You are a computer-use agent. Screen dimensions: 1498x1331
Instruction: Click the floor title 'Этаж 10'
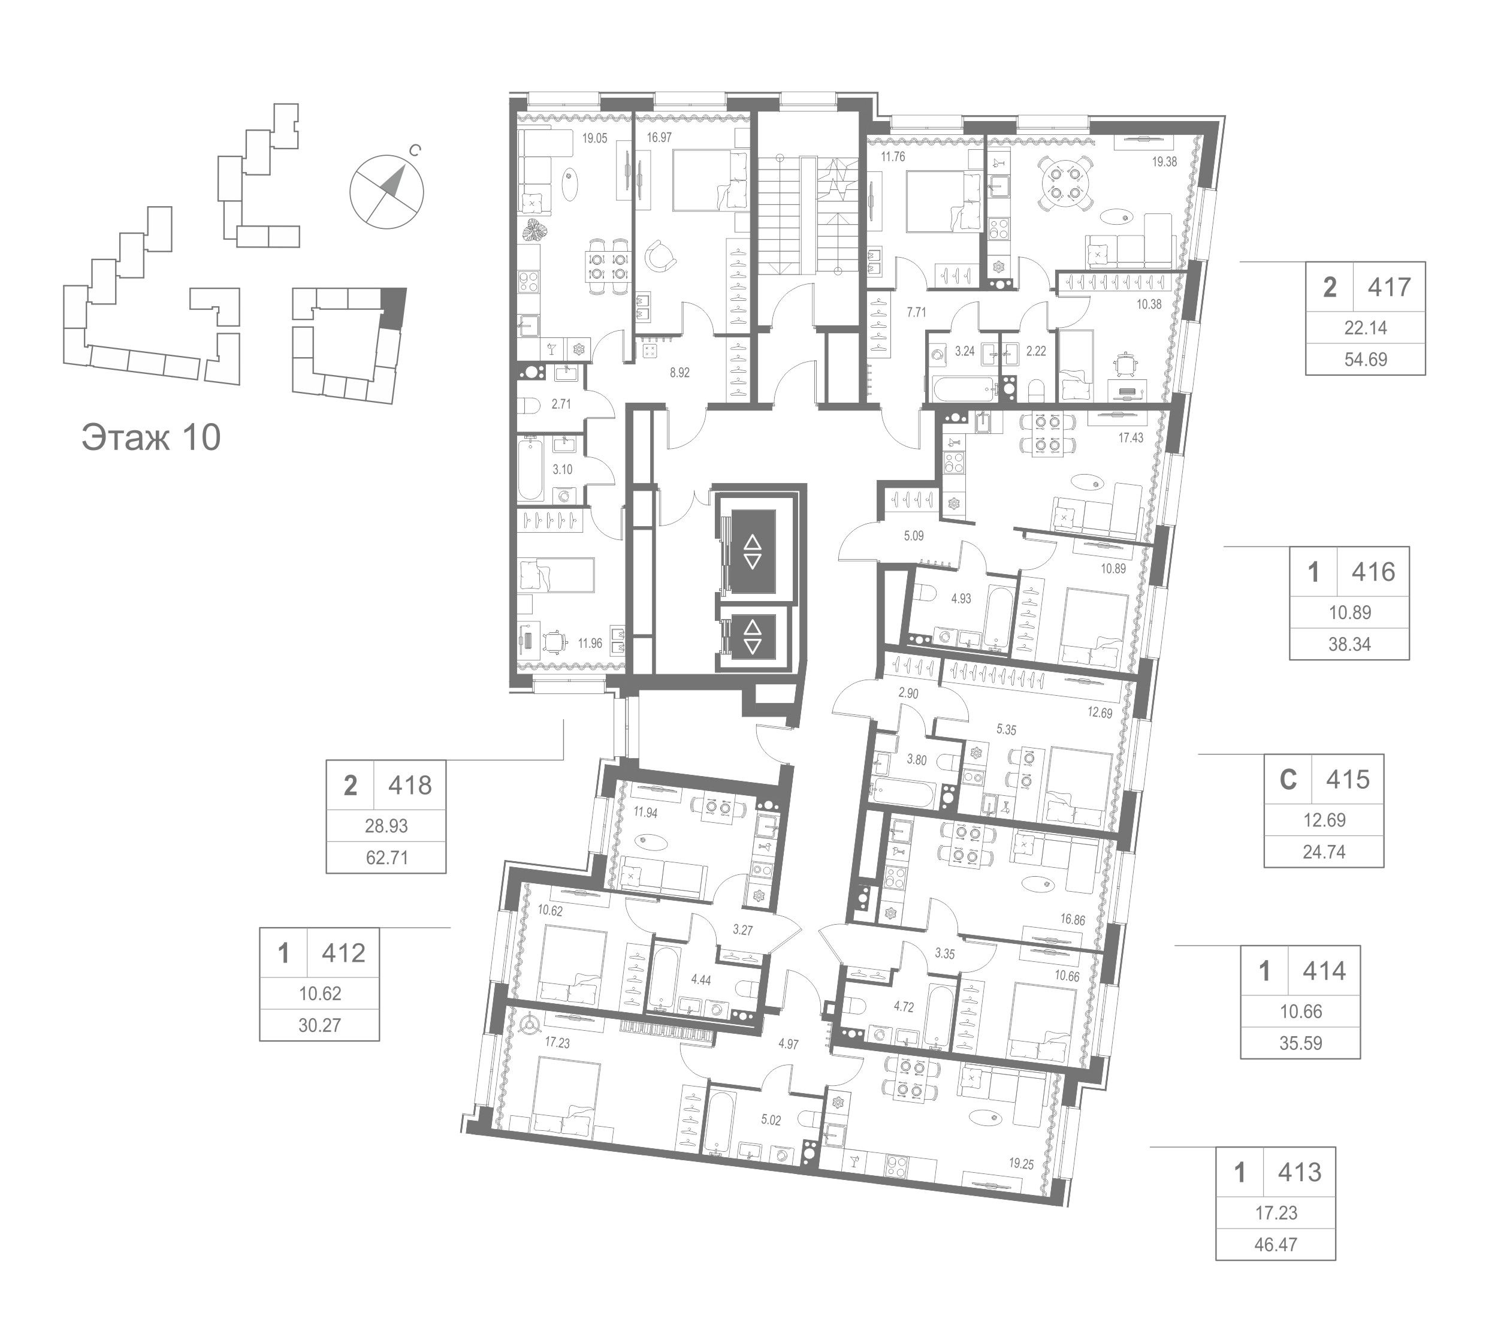click(x=151, y=437)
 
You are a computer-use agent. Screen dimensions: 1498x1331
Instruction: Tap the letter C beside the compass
click(x=415, y=151)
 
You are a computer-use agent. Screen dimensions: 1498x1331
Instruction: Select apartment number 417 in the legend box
click(x=1389, y=286)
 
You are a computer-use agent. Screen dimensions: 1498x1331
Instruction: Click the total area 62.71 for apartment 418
click(x=386, y=857)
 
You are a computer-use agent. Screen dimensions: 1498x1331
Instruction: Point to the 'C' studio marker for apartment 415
click(x=1288, y=779)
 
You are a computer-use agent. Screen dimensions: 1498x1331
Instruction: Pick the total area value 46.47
click(x=1276, y=1245)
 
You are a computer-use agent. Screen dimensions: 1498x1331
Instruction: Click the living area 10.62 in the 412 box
click(x=319, y=993)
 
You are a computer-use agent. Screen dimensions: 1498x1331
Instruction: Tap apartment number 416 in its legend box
click(x=1373, y=572)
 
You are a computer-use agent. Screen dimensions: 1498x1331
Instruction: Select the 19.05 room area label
click(x=594, y=138)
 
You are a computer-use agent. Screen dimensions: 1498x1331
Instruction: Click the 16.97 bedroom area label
click(x=659, y=137)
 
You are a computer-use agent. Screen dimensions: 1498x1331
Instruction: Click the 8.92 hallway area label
click(x=679, y=372)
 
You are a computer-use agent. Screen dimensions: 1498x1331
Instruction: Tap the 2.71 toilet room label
click(x=561, y=403)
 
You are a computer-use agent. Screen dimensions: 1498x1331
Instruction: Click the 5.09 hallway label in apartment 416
click(x=913, y=536)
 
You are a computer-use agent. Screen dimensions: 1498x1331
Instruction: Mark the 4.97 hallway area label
click(x=788, y=1045)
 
